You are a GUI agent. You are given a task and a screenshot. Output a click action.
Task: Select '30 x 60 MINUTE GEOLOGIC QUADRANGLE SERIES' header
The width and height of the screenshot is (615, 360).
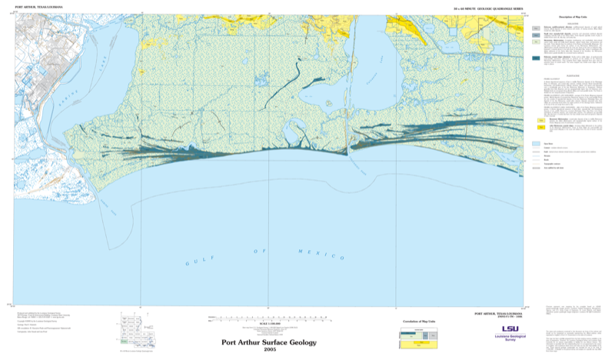488,6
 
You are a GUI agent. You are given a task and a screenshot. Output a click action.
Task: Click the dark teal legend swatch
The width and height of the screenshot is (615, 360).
535,58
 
